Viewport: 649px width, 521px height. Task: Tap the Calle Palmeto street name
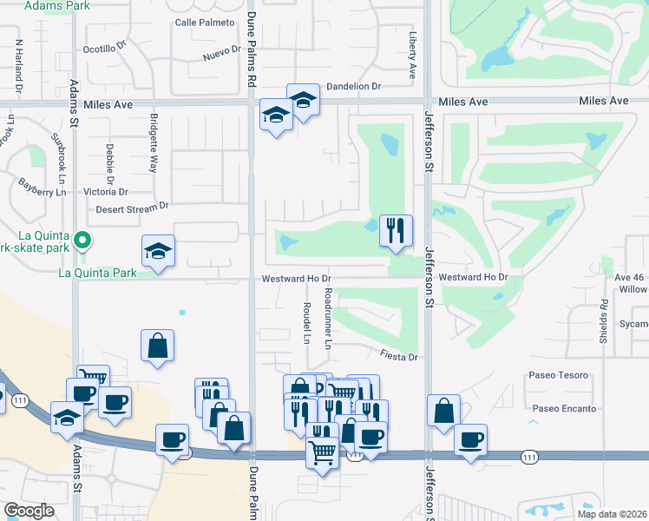(x=205, y=22)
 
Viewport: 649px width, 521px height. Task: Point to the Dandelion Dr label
(x=353, y=87)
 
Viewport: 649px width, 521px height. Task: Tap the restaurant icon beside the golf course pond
(x=396, y=231)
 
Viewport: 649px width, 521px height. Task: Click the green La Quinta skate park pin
(x=82, y=239)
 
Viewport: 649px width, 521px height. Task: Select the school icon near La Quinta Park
(x=159, y=251)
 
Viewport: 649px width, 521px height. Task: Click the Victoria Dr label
(x=105, y=191)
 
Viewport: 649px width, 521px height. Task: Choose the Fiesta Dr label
(x=399, y=356)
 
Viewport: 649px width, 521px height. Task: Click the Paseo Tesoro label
(x=558, y=375)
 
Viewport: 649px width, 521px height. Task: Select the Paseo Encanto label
(x=563, y=408)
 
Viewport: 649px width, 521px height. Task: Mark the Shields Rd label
(x=602, y=322)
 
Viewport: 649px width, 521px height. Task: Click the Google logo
(x=29, y=511)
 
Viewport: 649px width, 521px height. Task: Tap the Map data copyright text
(x=612, y=514)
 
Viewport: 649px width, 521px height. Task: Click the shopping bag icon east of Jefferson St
(x=443, y=411)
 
